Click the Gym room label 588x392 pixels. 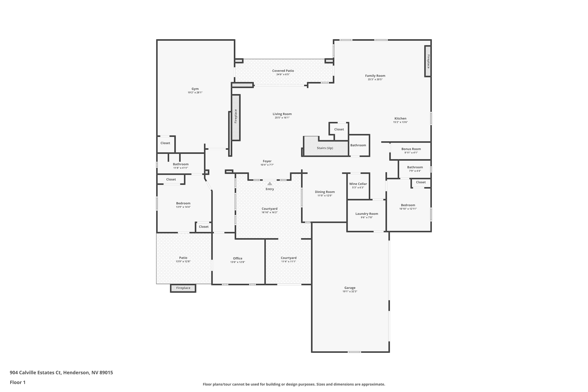click(195, 89)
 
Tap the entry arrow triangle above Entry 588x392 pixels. click(269, 183)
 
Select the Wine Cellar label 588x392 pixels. click(358, 184)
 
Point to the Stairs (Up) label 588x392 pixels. click(325, 148)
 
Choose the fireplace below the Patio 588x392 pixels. click(183, 288)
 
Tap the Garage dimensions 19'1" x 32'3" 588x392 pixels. click(350, 291)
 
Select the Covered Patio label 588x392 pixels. click(283, 71)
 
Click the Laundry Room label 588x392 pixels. click(367, 214)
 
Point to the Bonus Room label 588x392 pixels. click(411, 149)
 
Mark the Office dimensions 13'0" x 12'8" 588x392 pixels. click(238, 262)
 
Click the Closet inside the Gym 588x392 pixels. click(165, 143)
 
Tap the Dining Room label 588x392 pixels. click(325, 192)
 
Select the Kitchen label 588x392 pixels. click(400, 119)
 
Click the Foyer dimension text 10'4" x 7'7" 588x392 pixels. click(267, 165)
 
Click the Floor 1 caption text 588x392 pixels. click(17, 382)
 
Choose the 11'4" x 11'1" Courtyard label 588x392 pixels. click(289, 258)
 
